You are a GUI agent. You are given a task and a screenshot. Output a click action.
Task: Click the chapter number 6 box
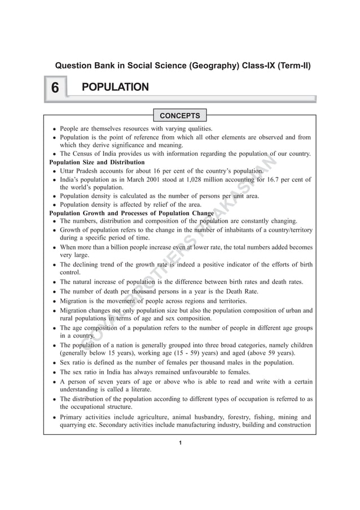tap(55, 88)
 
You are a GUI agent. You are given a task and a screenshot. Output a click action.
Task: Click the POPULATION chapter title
tap(115, 87)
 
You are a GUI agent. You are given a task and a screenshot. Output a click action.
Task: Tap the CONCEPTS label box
tap(179, 116)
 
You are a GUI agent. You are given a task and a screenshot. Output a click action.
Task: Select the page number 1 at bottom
tap(179, 442)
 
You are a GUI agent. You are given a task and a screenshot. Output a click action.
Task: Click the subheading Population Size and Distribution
tap(96, 162)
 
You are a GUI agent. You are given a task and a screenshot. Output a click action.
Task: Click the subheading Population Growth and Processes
tap(131, 213)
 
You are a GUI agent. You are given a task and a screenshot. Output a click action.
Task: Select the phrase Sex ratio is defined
tap(96, 363)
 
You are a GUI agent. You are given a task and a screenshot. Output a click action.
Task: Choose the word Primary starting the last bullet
tap(73, 419)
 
